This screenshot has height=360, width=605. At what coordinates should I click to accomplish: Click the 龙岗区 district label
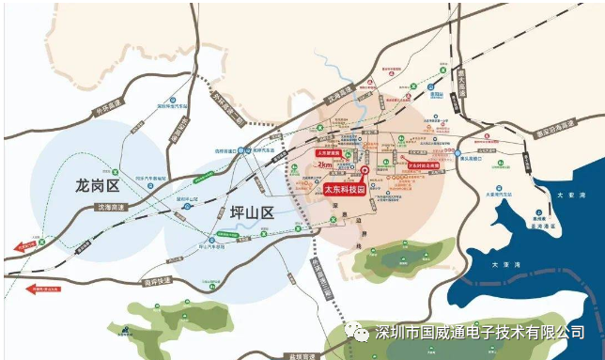pyautogui.click(x=99, y=186)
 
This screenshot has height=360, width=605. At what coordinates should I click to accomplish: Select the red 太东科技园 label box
pyautogui.click(x=344, y=188)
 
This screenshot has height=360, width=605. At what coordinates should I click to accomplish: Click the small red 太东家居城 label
pyautogui.click(x=327, y=150)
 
